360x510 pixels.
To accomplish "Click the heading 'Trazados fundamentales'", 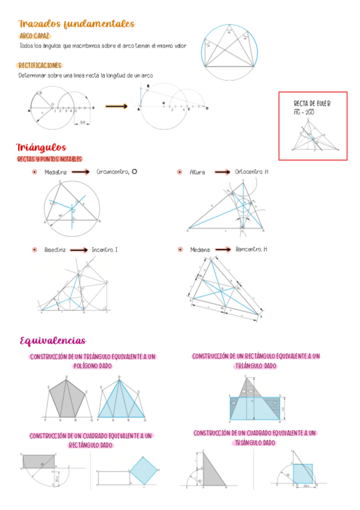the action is click(x=76, y=24).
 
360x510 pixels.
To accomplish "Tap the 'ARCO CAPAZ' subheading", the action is click(x=34, y=36).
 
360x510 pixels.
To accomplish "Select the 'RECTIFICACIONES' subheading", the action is click(x=40, y=66).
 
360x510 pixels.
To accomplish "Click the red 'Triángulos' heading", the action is click(x=41, y=148).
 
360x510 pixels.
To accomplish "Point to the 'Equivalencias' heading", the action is click(x=52, y=341).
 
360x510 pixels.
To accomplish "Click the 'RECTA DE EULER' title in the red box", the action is click(x=311, y=103).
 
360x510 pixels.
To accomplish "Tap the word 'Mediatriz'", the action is click(x=55, y=172).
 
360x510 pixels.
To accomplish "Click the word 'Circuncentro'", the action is click(x=112, y=172).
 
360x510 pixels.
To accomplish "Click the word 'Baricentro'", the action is click(x=249, y=249).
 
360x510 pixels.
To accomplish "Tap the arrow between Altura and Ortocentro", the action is click(x=222, y=172).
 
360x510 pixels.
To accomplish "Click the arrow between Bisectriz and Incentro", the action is click(x=78, y=249).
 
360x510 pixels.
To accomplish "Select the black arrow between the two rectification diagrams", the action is click(x=117, y=106).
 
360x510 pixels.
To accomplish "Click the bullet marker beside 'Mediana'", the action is click(x=180, y=249).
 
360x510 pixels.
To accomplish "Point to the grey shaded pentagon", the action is click(x=66, y=397).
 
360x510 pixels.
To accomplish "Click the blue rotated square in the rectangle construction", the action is click(x=144, y=470).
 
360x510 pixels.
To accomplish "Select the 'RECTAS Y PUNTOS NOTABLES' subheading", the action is click(x=50, y=159).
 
